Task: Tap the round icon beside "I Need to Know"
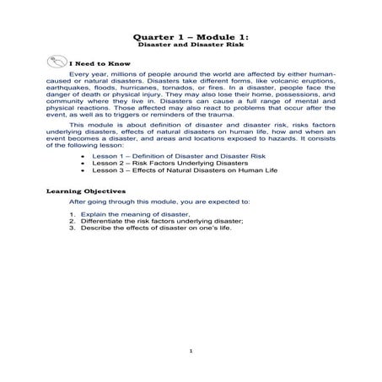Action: [54, 62]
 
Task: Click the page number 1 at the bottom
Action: [191, 352]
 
